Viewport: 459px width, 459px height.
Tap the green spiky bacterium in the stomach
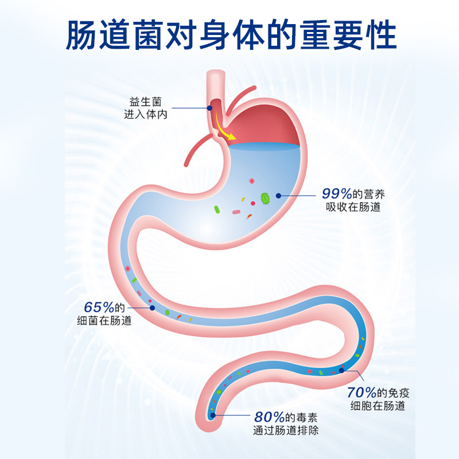tap(266, 199)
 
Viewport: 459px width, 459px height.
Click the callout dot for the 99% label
tap(278, 195)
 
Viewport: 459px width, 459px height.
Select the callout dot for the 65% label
tap(152, 308)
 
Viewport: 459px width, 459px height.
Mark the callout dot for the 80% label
tap(213, 415)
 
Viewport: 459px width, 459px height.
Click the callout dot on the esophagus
tap(210, 107)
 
